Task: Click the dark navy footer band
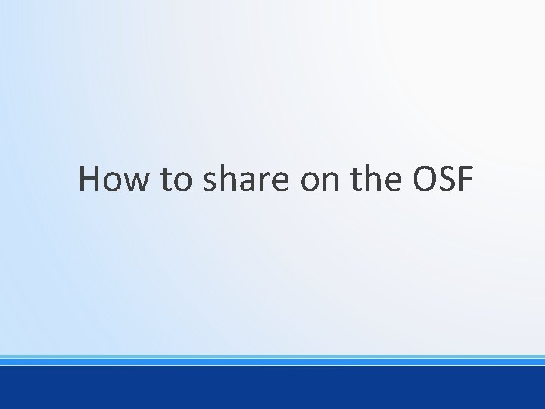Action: tap(272, 388)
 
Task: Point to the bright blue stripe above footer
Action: tap(272, 362)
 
